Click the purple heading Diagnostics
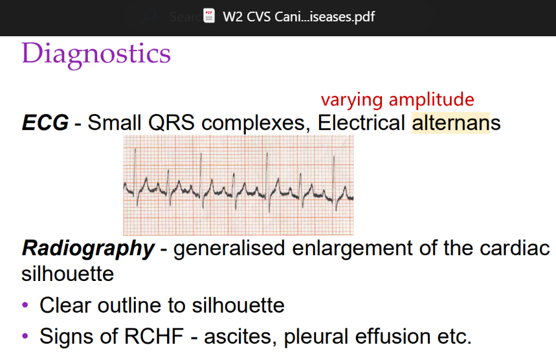pyautogui.click(x=96, y=53)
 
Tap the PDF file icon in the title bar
pyautogui.click(x=209, y=16)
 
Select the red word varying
pyautogui.click(x=351, y=100)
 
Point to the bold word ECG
pyautogui.click(x=45, y=123)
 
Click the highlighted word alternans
pyautogui.click(x=456, y=123)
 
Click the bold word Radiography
pyautogui.click(x=88, y=248)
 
